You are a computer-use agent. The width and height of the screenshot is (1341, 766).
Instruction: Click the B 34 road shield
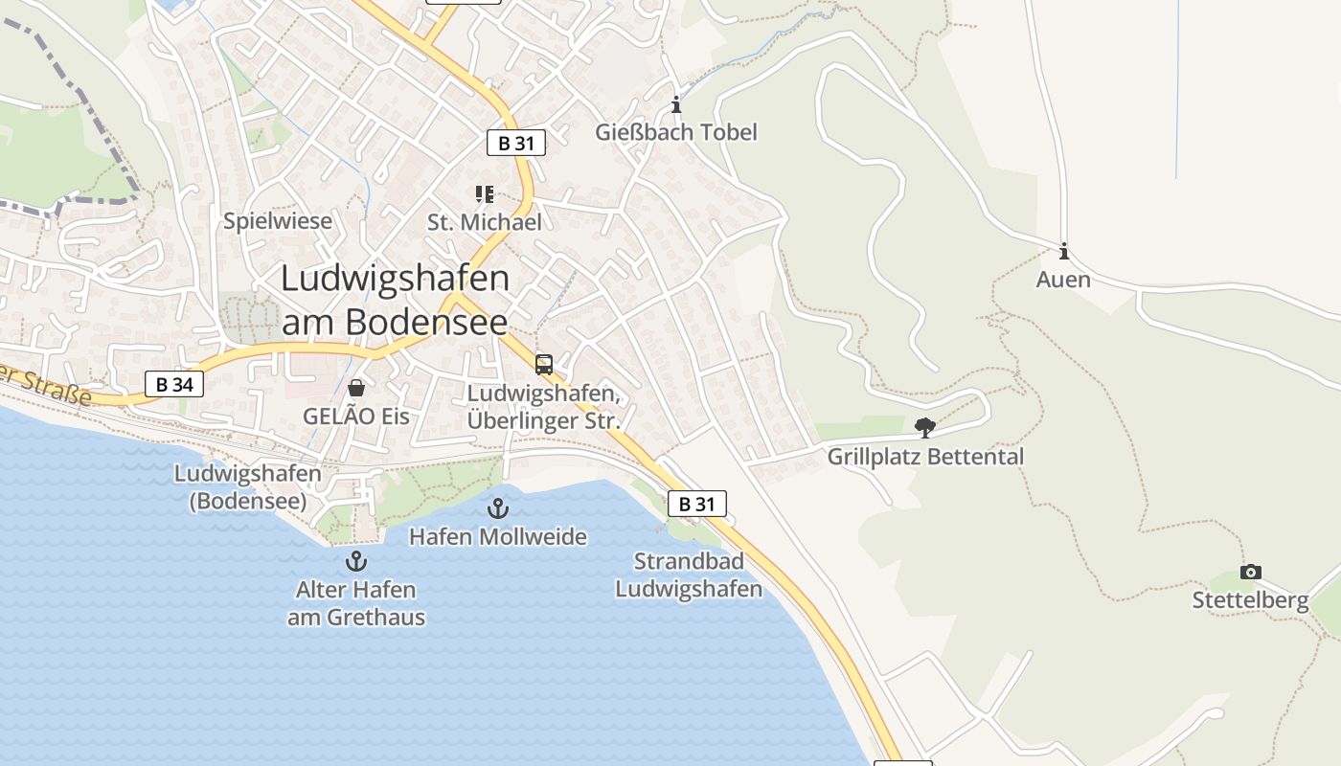[x=174, y=385]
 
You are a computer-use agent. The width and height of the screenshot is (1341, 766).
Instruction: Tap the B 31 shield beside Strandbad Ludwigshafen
[x=696, y=504]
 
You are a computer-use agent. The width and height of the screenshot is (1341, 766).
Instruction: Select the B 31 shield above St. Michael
[x=515, y=144]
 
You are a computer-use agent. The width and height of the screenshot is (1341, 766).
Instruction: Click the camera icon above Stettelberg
[x=1250, y=572]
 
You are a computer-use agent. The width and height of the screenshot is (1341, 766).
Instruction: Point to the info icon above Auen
[x=1063, y=252]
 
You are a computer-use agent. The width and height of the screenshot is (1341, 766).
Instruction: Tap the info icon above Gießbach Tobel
[x=676, y=104]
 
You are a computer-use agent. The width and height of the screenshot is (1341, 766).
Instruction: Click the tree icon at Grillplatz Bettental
[x=924, y=428]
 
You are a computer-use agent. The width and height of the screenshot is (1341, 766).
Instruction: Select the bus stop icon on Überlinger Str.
[x=544, y=365]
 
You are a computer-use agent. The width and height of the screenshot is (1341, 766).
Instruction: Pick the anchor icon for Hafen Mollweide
[x=497, y=508]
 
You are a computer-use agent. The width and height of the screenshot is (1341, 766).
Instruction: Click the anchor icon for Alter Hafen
[x=356, y=561]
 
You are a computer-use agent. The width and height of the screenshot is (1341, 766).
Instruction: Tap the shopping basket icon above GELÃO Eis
[x=356, y=388]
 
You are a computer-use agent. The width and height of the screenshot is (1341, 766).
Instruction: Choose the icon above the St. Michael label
[x=485, y=195]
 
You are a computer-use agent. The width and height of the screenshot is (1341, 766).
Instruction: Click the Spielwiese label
[x=278, y=221]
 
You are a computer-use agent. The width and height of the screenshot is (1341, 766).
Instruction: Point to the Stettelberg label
[x=1250, y=600]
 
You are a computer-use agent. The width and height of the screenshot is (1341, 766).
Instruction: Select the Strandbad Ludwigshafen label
[x=689, y=574]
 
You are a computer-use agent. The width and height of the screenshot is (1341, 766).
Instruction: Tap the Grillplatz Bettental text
[x=925, y=457]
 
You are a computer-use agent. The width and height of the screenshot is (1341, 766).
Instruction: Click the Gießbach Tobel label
[x=676, y=132]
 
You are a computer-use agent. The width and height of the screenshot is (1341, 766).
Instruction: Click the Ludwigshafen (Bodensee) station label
[x=248, y=486]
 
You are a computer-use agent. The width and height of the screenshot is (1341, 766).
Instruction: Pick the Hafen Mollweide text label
[x=498, y=536]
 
